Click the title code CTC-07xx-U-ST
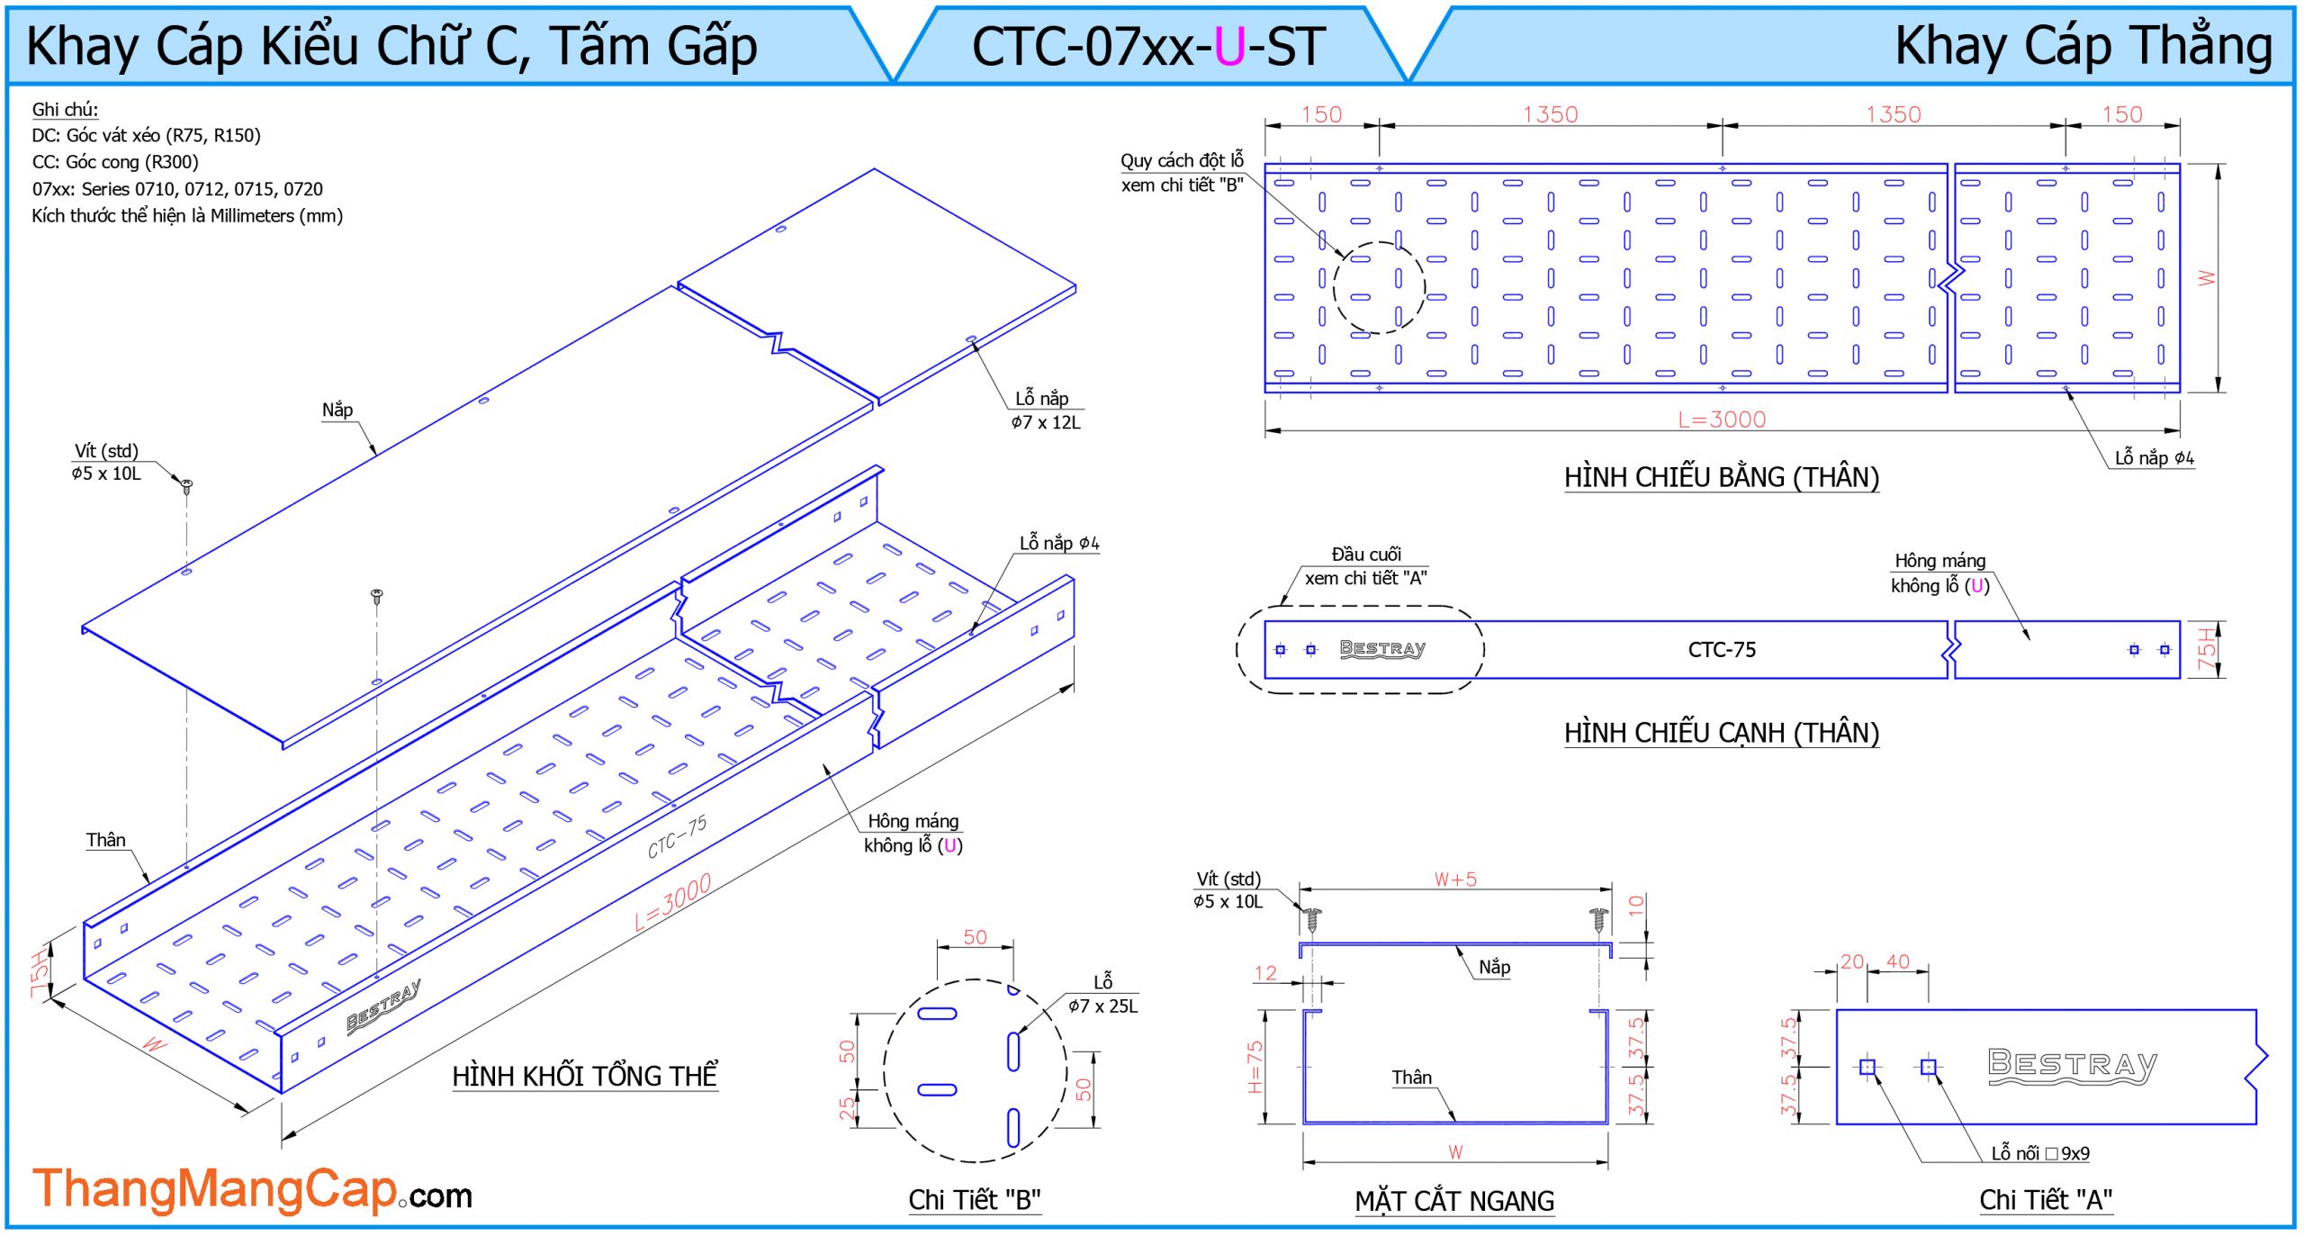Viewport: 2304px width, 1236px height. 1148,47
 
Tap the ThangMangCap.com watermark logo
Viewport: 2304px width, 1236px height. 252,1190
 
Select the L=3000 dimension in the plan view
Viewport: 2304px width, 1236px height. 1721,420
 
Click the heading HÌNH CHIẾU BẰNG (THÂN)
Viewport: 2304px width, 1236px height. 1721,477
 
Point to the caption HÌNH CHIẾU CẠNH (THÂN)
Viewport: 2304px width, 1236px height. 1721,733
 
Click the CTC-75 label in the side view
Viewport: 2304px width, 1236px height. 1721,649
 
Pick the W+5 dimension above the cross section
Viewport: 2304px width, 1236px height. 1454,880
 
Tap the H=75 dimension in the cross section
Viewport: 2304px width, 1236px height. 1255,1067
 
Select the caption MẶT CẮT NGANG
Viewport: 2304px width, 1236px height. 1454,1201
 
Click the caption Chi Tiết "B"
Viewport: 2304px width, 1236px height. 974,1200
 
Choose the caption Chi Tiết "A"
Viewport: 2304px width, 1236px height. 2045,1200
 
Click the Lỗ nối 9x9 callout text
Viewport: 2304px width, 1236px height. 2039,1153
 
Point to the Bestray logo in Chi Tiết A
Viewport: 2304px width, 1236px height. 2072,1066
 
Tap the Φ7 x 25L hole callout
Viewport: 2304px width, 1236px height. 1102,1006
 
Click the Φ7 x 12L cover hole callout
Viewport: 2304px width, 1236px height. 1045,422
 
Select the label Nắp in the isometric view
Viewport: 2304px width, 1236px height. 337,410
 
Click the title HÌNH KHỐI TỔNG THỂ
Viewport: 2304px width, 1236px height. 584,1076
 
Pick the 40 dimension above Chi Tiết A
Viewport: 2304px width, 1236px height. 1897,961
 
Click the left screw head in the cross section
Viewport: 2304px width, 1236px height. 1313,919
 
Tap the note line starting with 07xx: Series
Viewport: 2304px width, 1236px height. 177,189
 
